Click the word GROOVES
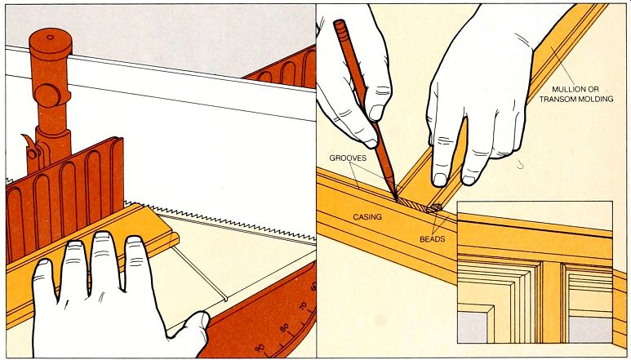(348, 158)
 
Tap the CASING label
(367, 217)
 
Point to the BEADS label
(432, 239)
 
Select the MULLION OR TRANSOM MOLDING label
(576, 94)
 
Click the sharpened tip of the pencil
(396, 199)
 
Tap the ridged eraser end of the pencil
(340, 28)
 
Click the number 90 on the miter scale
(259, 349)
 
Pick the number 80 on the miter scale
(285, 328)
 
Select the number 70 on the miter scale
(303, 307)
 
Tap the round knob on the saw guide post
(48, 96)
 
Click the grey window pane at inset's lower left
(472, 327)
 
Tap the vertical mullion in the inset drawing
(551, 302)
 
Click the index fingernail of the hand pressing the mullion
(440, 180)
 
